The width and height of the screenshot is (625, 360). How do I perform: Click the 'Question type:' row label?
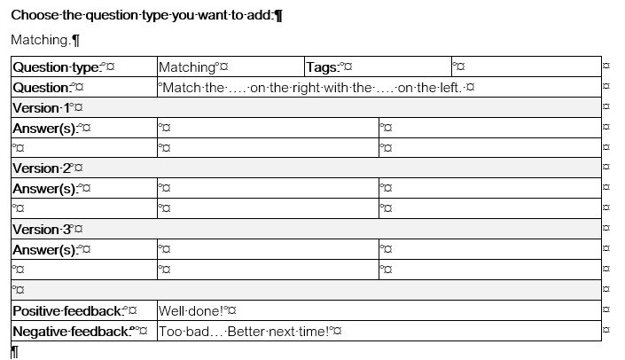(x=57, y=67)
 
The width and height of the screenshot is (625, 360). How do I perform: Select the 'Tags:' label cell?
(x=323, y=67)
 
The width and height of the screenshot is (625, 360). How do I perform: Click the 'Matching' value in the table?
(x=187, y=67)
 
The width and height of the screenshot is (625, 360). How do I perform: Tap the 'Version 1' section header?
(x=41, y=108)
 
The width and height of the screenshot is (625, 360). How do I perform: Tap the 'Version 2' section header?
(x=42, y=168)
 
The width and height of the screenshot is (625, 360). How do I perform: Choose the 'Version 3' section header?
(x=42, y=230)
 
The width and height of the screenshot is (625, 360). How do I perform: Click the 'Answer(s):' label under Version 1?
(x=45, y=129)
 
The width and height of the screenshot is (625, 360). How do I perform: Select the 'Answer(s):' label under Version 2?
(x=45, y=189)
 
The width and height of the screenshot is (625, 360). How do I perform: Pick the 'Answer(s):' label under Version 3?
(x=45, y=249)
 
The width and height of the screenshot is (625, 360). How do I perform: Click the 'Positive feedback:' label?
(x=67, y=310)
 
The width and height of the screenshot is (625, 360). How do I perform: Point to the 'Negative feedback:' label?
(x=72, y=332)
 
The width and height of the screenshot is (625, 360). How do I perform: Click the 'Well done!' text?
(x=191, y=311)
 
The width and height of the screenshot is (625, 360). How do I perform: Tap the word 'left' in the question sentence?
(x=450, y=87)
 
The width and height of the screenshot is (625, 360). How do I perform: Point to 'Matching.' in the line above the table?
(x=41, y=40)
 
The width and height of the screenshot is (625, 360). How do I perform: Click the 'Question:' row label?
(x=42, y=88)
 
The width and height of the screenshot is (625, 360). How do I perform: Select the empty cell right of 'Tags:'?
(x=527, y=67)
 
